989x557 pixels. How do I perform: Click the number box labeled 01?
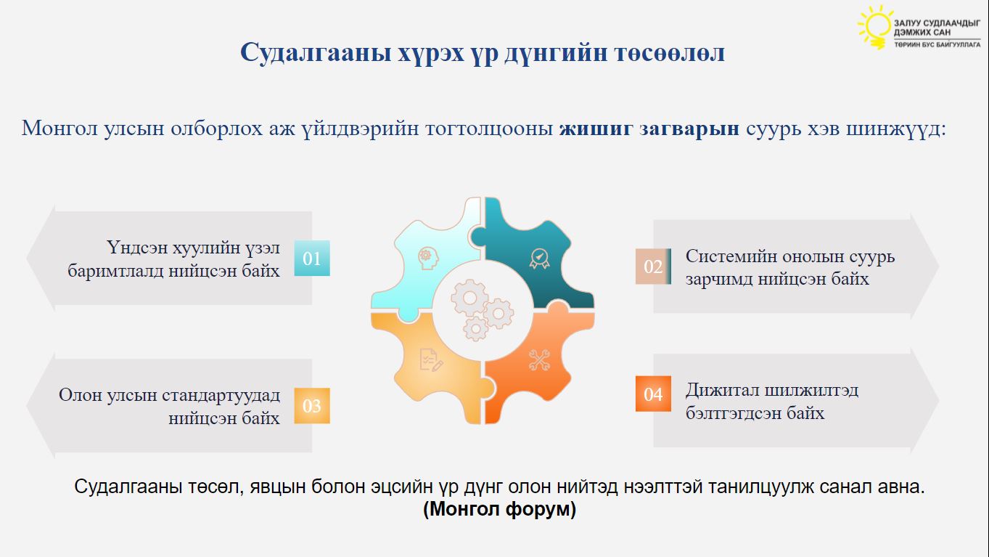click(x=312, y=258)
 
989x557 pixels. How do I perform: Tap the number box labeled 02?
click(x=653, y=267)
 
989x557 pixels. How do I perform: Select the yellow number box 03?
click(x=312, y=405)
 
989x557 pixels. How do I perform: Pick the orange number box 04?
click(x=653, y=394)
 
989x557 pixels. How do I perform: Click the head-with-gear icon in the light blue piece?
click(x=428, y=258)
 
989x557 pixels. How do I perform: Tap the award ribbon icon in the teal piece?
click(x=539, y=259)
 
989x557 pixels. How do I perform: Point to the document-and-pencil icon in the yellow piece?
click(x=431, y=360)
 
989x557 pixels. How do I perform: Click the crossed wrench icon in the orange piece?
click(x=539, y=360)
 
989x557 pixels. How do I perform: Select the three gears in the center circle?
click(x=482, y=309)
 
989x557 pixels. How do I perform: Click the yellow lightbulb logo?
click(x=874, y=26)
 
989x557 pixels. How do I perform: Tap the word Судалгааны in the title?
click(x=316, y=53)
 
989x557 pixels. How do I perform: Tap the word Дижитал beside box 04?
click(x=722, y=391)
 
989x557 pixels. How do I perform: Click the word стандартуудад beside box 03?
click(x=221, y=395)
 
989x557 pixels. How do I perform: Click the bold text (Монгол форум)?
click(x=499, y=509)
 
